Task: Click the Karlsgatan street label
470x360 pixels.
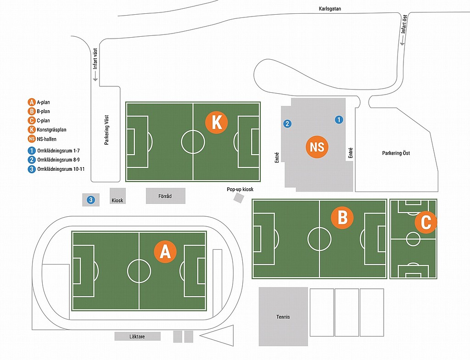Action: pyautogui.click(x=330, y=9)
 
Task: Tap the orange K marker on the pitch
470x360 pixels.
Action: pyautogui.click(x=217, y=123)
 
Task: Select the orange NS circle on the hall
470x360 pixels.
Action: pyautogui.click(x=317, y=147)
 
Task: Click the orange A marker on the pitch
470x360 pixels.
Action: pyautogui.click(x=165, y=251)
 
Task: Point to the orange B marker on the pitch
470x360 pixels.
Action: pyautogui.click(x=342, y=218)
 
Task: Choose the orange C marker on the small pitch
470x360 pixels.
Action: pyautogui.click(x=425, y=222)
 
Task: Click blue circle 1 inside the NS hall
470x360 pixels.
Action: pyautogui.click(x=339, y=120)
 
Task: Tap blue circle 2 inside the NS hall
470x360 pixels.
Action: pyautogui.click(x=287, y=124)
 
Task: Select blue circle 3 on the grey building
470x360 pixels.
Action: pyautogui.click(x=91, y=200)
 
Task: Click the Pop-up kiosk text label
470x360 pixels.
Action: pyautogui.click(x=240, y=189)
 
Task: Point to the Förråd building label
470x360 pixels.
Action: pyautogui.click(x=165, y=196)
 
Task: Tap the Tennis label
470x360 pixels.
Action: pyautogui.click(x=283, y=317)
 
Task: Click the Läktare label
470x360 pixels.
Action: pyautogui.click(x=137, y=337)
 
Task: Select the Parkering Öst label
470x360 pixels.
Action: pyautogui.click(x=396, y=153)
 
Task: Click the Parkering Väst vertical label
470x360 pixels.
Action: pyautogui.click(x=106, y=130)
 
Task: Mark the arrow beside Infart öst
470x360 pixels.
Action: pyautogui.click(x=402, y=40)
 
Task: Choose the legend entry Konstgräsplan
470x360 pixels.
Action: pyautogui.click(x=51, y=129)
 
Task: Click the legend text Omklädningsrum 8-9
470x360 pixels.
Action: pyautogui.click(x=58, y=160)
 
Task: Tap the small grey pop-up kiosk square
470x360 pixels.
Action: pyautogui.click(x=239, y=198)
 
